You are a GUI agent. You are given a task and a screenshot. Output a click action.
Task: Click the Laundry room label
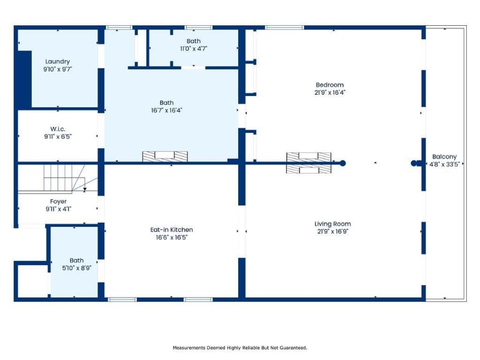(x=58, y=62)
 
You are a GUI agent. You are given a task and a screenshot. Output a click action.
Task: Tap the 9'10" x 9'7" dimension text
(x=58, y=69)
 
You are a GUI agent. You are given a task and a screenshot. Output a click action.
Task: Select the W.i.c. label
(x=58, y=129)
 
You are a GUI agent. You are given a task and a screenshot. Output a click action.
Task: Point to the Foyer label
(x=58, y=202)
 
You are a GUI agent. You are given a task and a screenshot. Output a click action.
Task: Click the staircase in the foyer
(x=64, y=178)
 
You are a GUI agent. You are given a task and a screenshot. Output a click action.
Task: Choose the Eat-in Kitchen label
(x=172, y=230)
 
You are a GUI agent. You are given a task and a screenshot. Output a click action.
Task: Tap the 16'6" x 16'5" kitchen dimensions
(x=172, y=237)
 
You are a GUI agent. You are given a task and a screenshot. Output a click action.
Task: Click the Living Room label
(x=332, y=224)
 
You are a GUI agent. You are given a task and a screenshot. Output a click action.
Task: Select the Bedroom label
(x=329, y=85)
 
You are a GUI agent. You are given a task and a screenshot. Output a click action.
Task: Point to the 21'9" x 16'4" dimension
(x=329, y=92)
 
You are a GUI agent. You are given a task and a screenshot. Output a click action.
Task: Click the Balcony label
(x=444, y=157)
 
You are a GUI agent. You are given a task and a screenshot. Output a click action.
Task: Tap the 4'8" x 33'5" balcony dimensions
(x=445, y=164)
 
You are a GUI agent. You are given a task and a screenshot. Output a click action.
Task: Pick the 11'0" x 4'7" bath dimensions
(x=194, y=49)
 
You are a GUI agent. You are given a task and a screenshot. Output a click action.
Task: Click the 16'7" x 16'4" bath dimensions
(x=167, y=110)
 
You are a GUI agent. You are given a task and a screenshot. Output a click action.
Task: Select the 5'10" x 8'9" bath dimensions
(x=77, y=268)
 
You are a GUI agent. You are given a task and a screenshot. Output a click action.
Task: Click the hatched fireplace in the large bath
(x=165, y=156)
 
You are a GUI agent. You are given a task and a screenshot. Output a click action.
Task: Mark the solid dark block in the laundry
(x=25, y=79)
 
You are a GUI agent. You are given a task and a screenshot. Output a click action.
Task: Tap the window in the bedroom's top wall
(x=284, y=28)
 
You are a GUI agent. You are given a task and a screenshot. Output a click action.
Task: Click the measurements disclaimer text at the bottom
(x=240, y=348)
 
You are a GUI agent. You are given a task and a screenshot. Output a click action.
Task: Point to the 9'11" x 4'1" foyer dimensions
(x=58, y=209)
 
